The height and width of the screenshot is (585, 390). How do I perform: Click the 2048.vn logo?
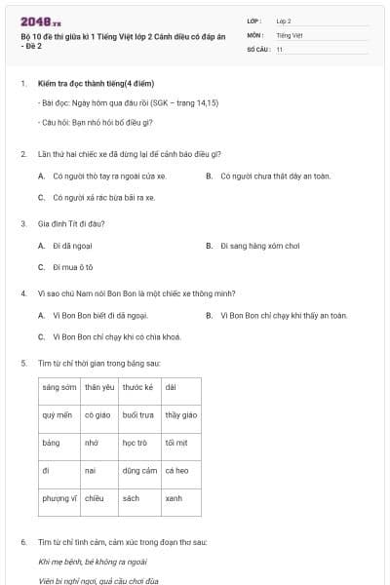pos(41,21)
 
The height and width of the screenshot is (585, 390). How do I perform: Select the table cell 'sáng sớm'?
pos(58,387)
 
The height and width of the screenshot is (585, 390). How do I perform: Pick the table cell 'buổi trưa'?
pos(138,414)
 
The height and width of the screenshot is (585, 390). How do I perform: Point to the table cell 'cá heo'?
pos(177,470)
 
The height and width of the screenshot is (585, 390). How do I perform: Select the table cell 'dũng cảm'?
pos(138,470)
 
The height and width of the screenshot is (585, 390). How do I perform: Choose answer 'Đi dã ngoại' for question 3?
pos(75,246)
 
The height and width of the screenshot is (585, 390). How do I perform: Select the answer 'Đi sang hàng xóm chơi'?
pos(258,246)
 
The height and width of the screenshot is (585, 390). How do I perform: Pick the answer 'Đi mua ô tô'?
pos(72,266)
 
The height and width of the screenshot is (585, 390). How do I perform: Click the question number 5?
pos(23,363)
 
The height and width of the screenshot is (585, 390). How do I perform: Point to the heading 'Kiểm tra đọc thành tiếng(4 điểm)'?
pos(96,84)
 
